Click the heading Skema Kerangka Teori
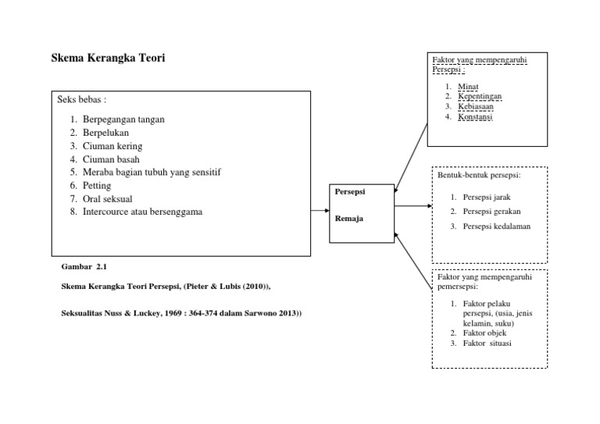click(x=108, y=59)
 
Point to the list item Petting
click(x=97, y=186)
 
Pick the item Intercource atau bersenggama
click(x=142, y=212)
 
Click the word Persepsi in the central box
click(x=349, y=191)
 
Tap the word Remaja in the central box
click(x=348, y=219)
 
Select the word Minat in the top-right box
click(x=469, y=87)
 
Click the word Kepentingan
click(x=480, y=97)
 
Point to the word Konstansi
click(x=476, y=117)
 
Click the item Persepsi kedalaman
click(x=496, y=226)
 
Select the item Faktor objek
click(x=484, y=333)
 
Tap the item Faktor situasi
click(x=487, y=343)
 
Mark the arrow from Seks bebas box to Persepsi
click(x=320, y=210)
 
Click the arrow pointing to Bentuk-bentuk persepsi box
click(x=413, y=207)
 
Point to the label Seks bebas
click(x=81, y=100)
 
